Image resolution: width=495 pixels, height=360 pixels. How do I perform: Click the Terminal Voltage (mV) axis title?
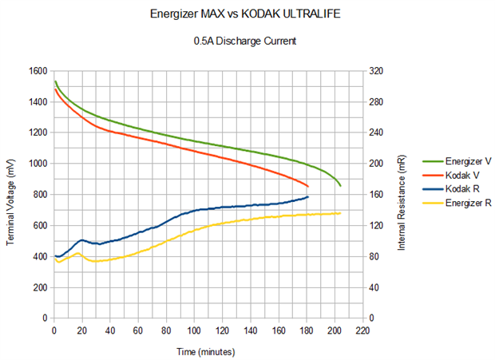(x=10, y=194)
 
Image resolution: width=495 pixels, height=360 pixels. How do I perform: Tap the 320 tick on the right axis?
(x=376, y=71)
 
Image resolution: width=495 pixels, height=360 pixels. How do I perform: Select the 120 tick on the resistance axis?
(x=376, y=225)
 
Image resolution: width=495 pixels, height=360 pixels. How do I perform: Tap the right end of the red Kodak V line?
(x=307, y=186)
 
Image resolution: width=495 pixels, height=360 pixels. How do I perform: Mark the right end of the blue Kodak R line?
(x=307, y=196)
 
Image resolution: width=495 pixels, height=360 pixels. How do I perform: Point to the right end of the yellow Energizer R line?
(x=340, y=213)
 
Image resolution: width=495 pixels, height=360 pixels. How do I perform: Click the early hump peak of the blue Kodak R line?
(x=82, y=239)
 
